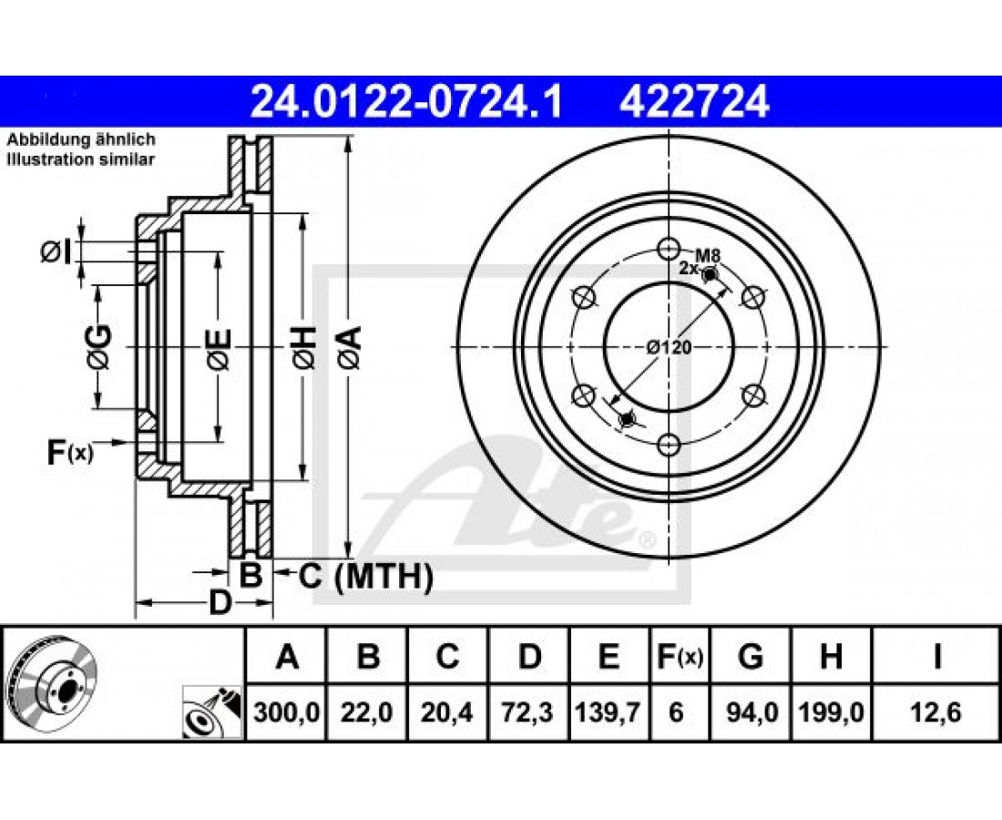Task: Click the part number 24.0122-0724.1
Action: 406,102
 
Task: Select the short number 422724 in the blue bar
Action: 694,102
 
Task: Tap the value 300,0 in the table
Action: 286,712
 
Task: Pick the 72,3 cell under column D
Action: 529,712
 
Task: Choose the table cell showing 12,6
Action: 937,712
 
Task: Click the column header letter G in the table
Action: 751,656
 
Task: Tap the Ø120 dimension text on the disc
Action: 669,347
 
